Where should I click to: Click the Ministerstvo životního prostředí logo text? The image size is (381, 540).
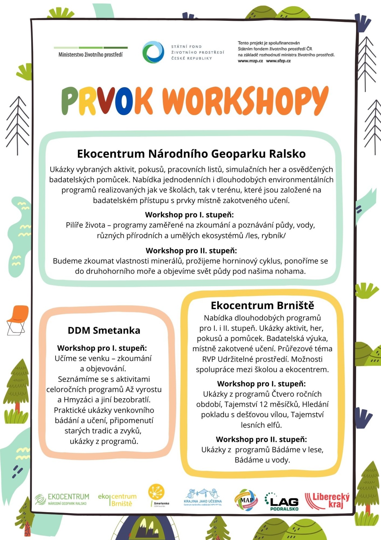pyautogui.click(x=90, y=55)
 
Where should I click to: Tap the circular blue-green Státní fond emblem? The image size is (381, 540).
pyautogui.click(x=153, y=52)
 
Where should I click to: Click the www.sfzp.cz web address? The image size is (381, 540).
pyautogui.click(x=278, y=61)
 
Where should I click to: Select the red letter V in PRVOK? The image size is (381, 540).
pyautogui.click(x=104, y=100)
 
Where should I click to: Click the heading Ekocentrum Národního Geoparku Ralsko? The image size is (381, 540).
pyautogui.click(x=191, y=154)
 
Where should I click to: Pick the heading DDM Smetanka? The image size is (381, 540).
pyautogui.click(x=104, y=330)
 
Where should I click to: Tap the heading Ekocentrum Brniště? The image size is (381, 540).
pyautogui.click(x=262, y=305)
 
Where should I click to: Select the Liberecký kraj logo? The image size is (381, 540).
pyautogui.click(x=327, y=501)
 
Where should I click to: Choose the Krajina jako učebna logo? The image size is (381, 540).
pyautogui.click(x=203, y=498)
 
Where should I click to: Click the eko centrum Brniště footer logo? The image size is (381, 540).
pyautogui.click(x=117, y=500)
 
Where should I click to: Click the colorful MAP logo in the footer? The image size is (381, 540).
pyautogui.click(x=246, y=500)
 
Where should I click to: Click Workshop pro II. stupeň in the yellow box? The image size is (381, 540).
pyautogui.click(x=261, y=439)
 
